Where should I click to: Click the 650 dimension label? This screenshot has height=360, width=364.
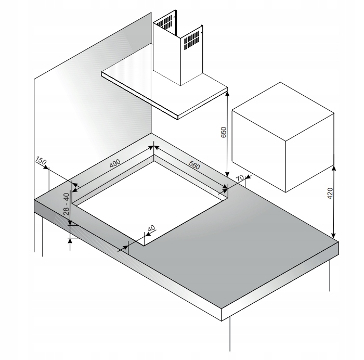point(223,132)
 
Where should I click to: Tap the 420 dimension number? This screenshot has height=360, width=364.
point(330,193)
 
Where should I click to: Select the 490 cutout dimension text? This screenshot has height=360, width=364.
point(115,163)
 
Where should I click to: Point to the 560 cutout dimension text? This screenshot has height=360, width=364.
point(194,165)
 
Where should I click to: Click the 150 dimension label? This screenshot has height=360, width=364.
point(41,160)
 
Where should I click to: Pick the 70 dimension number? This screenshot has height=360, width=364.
point(240,178)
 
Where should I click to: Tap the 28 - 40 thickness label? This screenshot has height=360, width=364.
point(66,204)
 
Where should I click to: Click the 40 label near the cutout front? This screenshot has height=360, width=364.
point(151,228)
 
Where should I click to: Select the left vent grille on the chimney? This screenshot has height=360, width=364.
point(165,23)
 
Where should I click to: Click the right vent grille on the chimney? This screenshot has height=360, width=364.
point(192,40)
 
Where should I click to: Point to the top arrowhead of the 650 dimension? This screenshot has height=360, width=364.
point(227,93)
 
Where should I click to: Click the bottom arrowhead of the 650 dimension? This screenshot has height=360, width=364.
point(227,174)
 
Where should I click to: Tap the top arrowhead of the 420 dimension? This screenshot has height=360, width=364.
point(334,168)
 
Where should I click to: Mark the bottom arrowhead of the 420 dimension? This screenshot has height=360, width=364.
point(334,235)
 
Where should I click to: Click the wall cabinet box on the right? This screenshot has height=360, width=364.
point(283,137)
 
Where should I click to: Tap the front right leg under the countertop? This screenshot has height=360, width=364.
point(230,334)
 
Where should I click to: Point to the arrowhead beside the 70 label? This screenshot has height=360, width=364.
point(248,177)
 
